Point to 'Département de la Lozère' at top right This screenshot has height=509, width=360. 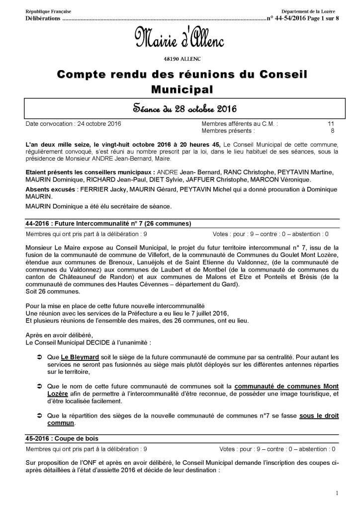click(308, 11)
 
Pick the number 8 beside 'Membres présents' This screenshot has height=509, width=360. click(332, 131)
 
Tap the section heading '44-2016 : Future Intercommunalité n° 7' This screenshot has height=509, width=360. click(107, 223)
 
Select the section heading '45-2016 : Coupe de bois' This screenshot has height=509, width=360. click(61, 438)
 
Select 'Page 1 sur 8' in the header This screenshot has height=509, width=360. click(323, 18)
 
